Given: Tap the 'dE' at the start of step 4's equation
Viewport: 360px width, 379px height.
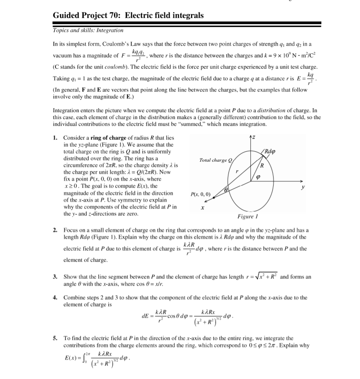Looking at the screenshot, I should click(x=145, y=318).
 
